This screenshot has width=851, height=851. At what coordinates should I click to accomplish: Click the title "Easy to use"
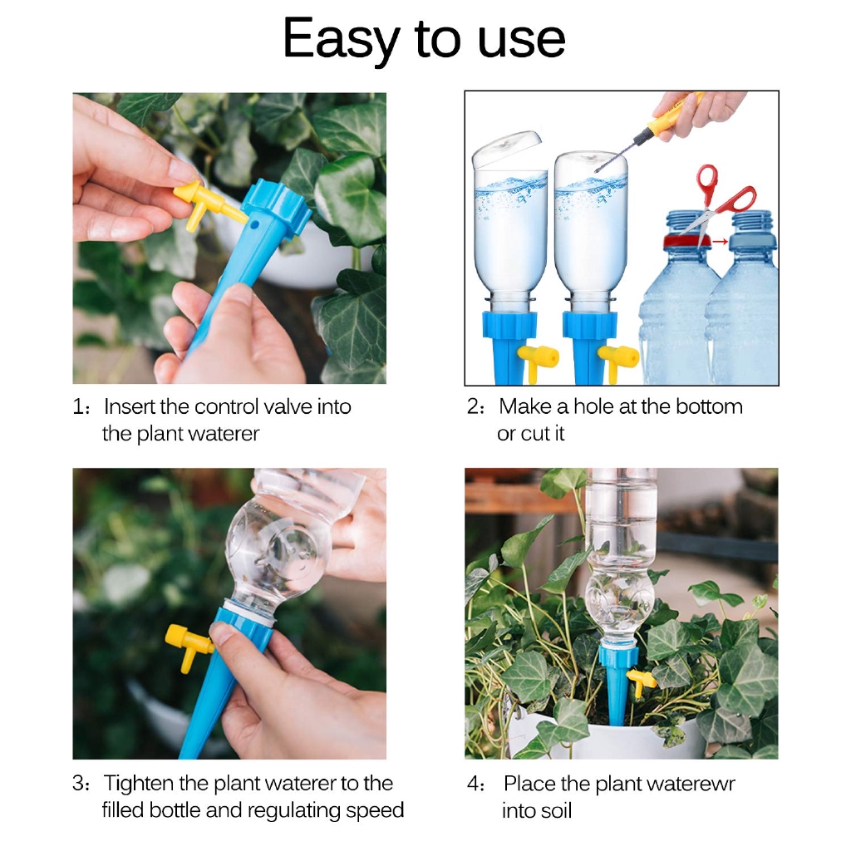(x=425, y=39)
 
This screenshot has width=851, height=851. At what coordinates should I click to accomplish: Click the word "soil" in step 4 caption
(x=553, y=810)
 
